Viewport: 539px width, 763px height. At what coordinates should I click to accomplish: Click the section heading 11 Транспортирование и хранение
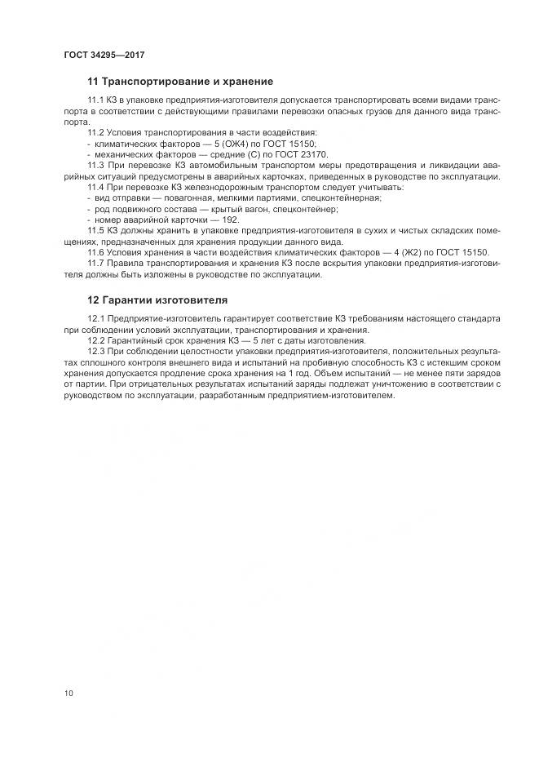(179, 82)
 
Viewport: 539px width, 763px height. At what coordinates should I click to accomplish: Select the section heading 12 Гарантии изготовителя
(157, 299)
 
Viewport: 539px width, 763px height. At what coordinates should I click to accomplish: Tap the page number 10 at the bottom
(68, 694)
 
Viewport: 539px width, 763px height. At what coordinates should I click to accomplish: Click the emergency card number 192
(231, 220)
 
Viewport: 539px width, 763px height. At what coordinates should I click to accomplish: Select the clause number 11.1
(95, 99)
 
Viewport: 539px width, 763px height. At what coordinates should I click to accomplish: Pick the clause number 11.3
(95, 165)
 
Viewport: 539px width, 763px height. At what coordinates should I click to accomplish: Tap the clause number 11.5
(95, 231)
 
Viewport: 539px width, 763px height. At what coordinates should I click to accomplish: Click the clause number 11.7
(95, 264)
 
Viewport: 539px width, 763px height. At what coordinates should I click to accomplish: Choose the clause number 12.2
(95, 340)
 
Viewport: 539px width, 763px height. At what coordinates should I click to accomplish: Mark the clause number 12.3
(95, 351)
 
